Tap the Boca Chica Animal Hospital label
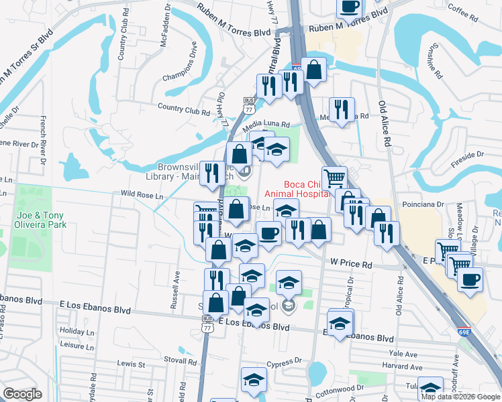point(298,190)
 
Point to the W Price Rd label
point(350,265)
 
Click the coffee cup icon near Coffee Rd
point(348,7)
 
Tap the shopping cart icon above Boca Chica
point(334,177)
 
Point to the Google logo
point(23,395)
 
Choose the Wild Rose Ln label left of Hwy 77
point(142,196)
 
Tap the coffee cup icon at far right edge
point(470,277)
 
